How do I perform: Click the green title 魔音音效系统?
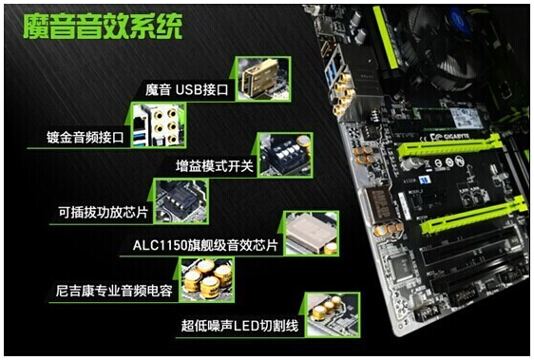(103, 27)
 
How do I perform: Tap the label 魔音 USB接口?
(187, 90)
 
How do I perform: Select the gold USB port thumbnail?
(263, 79)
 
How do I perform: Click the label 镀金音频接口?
(86, 138)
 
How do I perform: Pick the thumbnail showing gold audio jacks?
(159, 125)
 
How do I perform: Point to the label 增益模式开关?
(215, 166)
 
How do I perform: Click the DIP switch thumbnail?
(285, 155)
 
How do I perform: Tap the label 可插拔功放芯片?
(104, 212)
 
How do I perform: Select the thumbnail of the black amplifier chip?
(181, 201)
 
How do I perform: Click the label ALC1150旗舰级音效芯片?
(205, 245)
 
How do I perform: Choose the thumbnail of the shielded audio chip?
(311, 234)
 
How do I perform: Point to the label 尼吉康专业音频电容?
(114, 291)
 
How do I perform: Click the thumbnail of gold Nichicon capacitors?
(206, 280)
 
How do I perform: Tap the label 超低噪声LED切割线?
(239, 326)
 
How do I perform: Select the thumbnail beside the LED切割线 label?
(333, 314)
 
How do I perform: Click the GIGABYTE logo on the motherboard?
(456, 137)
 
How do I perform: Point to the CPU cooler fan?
(439, 47)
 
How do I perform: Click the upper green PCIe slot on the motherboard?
(450, 145)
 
